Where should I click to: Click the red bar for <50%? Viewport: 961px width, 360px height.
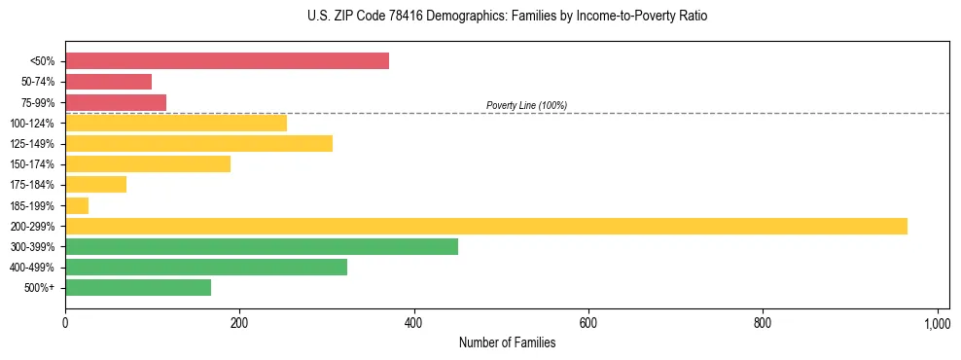[x=227, y=61]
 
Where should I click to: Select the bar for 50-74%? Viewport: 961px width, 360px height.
[x=108, y=82]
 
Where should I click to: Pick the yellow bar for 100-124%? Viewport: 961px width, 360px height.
[x=176, y=123]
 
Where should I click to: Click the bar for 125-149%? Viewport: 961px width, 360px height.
[x=198, y=143]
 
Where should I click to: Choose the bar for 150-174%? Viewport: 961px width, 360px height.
[x=148, y=163]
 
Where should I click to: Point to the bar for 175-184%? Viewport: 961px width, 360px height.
[x=95, y=184]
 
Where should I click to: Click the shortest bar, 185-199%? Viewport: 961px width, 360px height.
[x=77, y=205]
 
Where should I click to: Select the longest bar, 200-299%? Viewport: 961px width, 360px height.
[x=486, y=226]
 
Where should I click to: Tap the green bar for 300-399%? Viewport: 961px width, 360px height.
[x=262, y=246]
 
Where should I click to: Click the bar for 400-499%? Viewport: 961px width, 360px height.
[x=206, y=267]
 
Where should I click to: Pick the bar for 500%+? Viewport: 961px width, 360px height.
[x=138, y=287]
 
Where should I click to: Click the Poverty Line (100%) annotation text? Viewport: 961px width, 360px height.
[x=526, y=105]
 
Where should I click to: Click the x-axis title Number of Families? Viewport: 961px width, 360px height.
[x=507, y=343]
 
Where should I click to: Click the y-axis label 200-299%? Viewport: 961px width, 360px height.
[x=32, y=227]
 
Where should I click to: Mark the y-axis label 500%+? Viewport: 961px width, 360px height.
[x=39, y=288]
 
